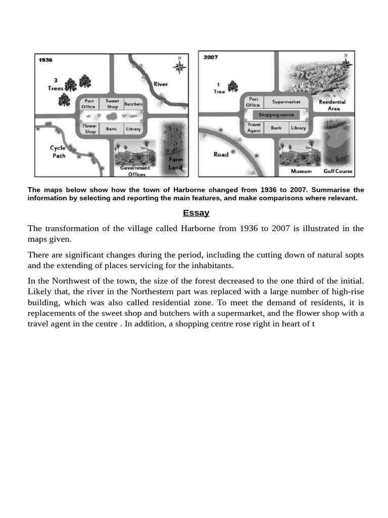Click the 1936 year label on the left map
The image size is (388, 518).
coord(46,60)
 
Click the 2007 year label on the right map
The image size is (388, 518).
coord(211,57)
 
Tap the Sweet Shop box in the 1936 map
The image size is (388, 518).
coord(112,104)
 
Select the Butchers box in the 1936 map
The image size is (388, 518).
coord(133,104)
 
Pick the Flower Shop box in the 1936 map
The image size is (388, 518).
coord(90,129)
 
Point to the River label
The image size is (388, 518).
coord(161,84)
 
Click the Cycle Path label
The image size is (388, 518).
coord(59,152)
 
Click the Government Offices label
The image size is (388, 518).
coord(135,171)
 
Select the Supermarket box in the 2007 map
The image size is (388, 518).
coord(286,102)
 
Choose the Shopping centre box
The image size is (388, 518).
coord(276,115)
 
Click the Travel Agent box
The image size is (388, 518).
coord(254,127)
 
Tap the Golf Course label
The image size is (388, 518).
coord(338,171)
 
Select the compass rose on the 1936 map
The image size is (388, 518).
coord(180,66)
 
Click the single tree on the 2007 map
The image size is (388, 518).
coord(233,87)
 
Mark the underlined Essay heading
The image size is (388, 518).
coord(196,213)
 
